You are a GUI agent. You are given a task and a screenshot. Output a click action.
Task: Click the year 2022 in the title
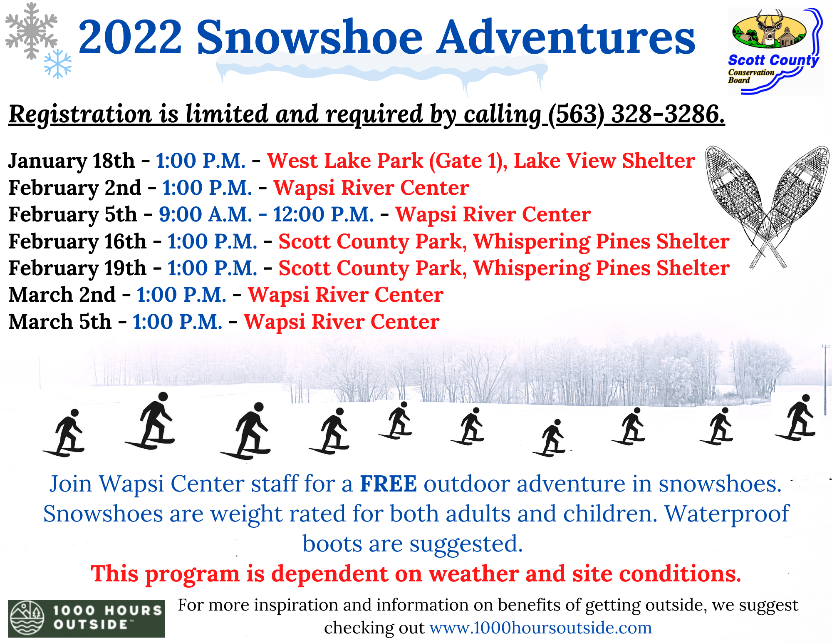click(130, 37)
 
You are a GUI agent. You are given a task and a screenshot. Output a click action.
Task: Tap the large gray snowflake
click(31, 31)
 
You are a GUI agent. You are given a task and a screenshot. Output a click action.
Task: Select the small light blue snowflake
click(58, 64)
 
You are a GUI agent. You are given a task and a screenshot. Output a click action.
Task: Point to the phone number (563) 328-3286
click(636, 114)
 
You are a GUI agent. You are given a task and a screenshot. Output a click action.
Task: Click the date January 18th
click(72, 161)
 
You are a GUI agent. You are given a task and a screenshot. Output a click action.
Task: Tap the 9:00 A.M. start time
click(206, 214)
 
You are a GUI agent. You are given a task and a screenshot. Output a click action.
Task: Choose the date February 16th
click(77, 241)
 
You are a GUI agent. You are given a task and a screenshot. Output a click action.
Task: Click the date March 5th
click(60, 322)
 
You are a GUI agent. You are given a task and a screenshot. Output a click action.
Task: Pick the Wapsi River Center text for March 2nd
click(346, 295)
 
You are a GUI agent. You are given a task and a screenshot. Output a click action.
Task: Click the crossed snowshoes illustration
click(767, 206)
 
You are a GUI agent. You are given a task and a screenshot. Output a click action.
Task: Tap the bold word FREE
click(388, 484)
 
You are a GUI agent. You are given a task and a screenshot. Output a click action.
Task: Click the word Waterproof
click(727, 514)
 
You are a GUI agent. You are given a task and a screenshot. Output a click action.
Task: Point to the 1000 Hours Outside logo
click(87, 618)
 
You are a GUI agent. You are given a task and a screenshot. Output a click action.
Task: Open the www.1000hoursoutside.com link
click(541, 628)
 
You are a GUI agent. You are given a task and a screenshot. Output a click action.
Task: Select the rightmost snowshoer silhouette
click(796, 417)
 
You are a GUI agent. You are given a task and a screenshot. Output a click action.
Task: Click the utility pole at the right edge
click(825, 380)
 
